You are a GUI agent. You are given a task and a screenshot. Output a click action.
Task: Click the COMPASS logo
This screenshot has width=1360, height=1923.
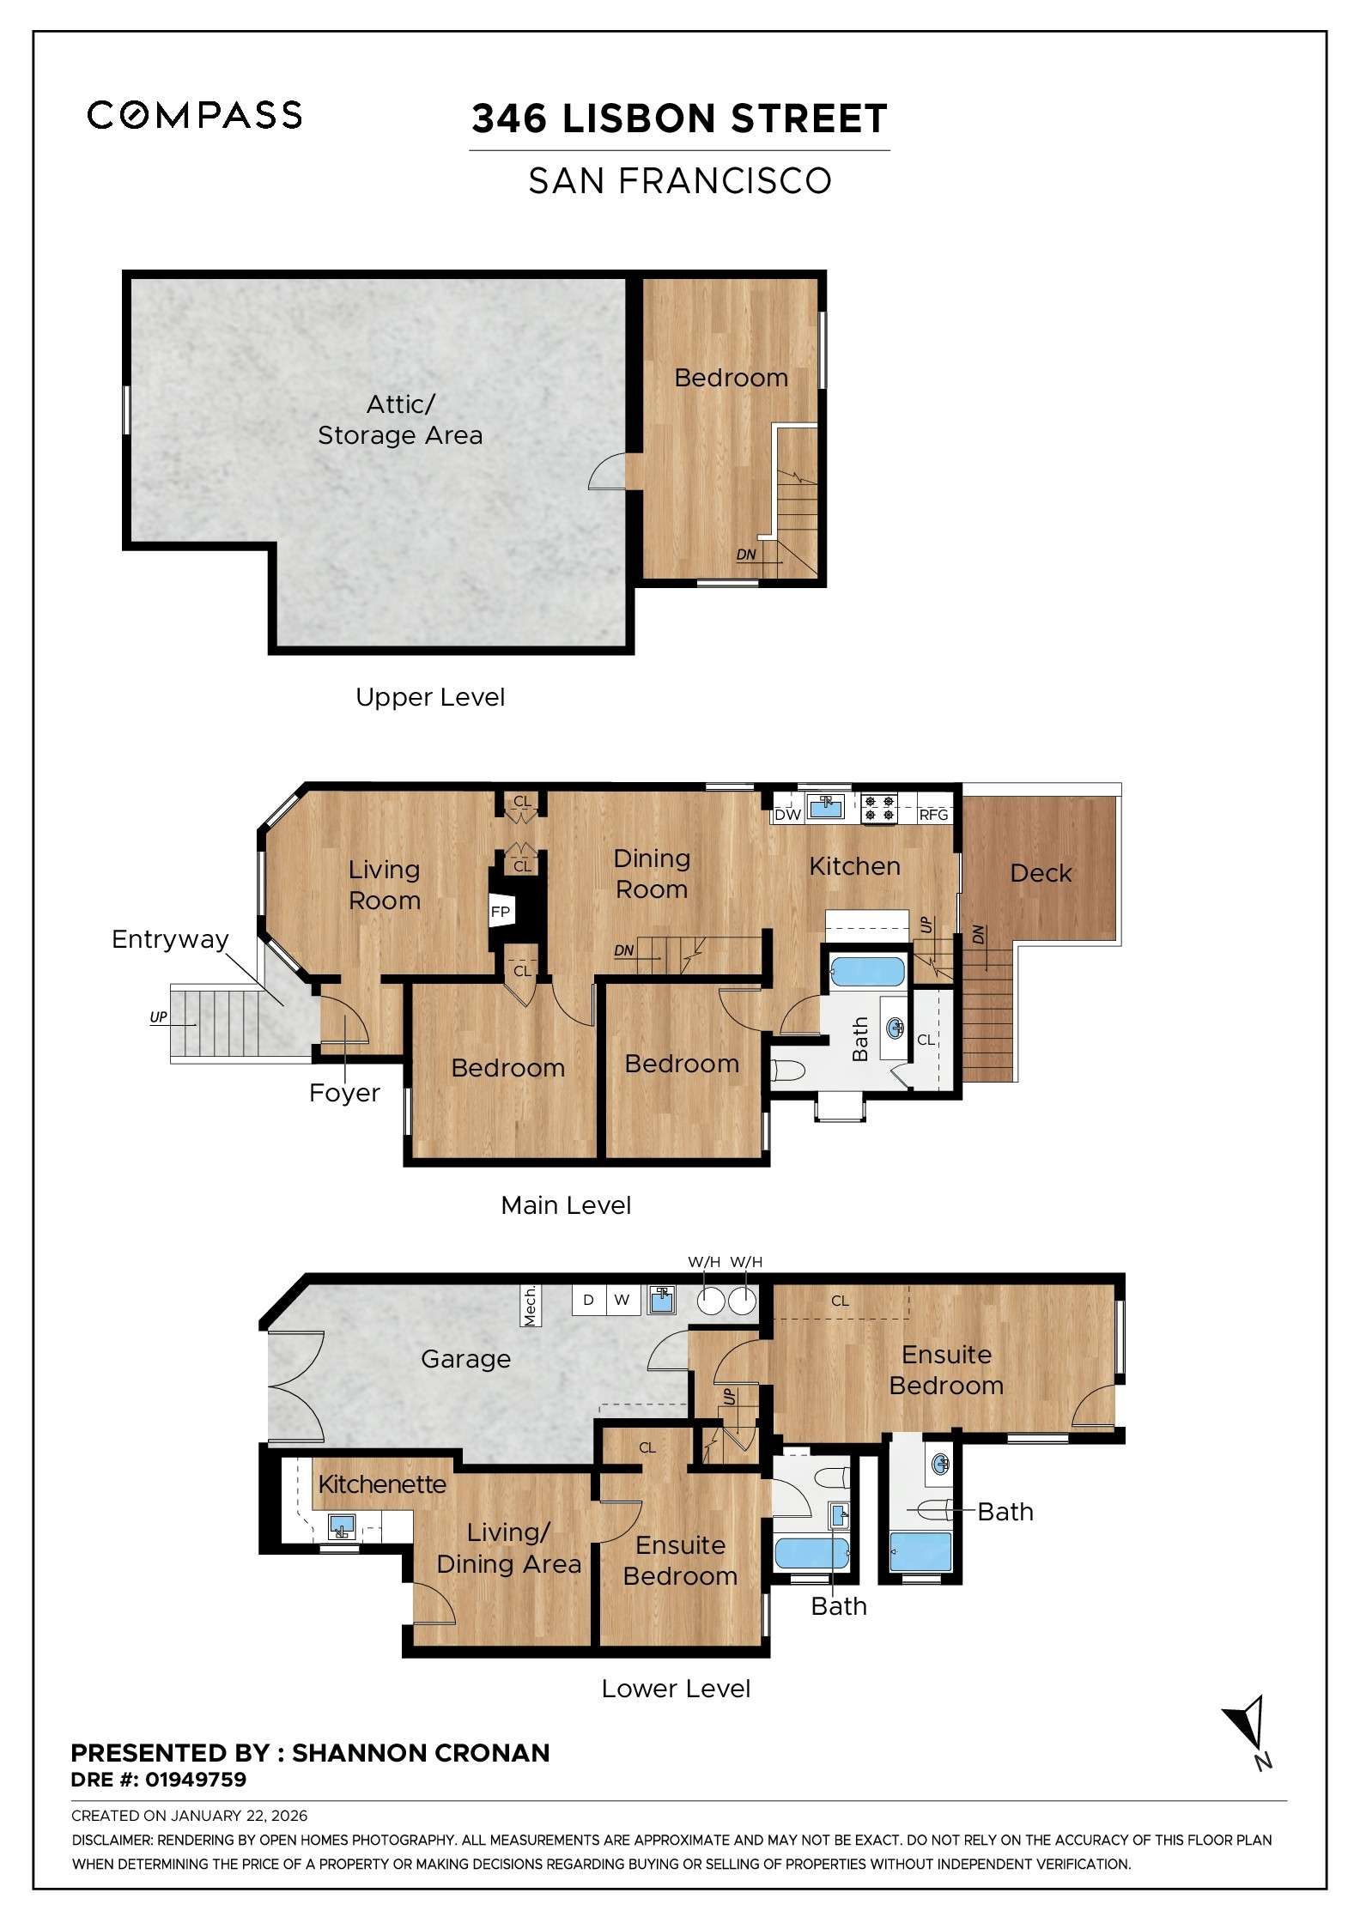pyautogui.click(x=194, y=115)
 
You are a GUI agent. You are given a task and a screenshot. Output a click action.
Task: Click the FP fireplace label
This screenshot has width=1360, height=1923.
pyautogui.click(x=500, y=912)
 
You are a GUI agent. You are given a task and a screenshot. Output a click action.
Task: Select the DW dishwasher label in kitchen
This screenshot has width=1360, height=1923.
pyautogui.click(x=787, y=815)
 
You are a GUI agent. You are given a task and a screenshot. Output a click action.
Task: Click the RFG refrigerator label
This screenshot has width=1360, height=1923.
pyautogui.click(x=933, y=815)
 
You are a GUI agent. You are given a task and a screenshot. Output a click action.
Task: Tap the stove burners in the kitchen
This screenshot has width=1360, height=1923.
pyautogui.click(x=878, y=808)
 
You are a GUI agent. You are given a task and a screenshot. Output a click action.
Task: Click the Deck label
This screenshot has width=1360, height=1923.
pyautogui.click(x=1041, y=873)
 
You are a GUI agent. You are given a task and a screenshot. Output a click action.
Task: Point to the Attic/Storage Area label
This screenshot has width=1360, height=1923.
pyautogui.click(x=400, y=420)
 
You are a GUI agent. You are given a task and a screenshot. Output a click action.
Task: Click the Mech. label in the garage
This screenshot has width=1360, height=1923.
pyautogui.click(x=531, y=1306)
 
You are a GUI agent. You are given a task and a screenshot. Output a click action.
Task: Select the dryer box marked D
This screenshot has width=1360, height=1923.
pyautogui.click(x=588, y=1300)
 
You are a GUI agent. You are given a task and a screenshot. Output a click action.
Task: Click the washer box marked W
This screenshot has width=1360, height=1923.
pyautogui.click(x=622, y=1300)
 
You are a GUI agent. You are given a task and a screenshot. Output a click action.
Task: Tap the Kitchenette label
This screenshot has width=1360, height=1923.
pyautogui.click(x=382, y=1484)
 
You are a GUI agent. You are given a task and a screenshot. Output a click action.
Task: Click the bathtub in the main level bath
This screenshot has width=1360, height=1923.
pyautogui.click(x=866, y=973)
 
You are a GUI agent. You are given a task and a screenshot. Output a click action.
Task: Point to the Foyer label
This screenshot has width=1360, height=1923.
pyautogui.click(x=344, y=1093)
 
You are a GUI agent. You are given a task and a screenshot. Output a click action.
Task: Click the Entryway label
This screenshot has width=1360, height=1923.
pyautogui.click(x=170, y=939)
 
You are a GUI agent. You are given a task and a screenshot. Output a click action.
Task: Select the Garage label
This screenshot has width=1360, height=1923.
pyautogui.click(x=465, y=1359)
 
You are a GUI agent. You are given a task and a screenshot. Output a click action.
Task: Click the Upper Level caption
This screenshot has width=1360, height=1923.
pyautogui.click(x=430, y=697)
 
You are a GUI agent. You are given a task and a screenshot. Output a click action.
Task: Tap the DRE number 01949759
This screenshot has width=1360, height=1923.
pyautogui.click(x=195, y=1780)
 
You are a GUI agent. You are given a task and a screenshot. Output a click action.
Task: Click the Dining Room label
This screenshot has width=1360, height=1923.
pyautogui.click(x=652, y=874)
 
